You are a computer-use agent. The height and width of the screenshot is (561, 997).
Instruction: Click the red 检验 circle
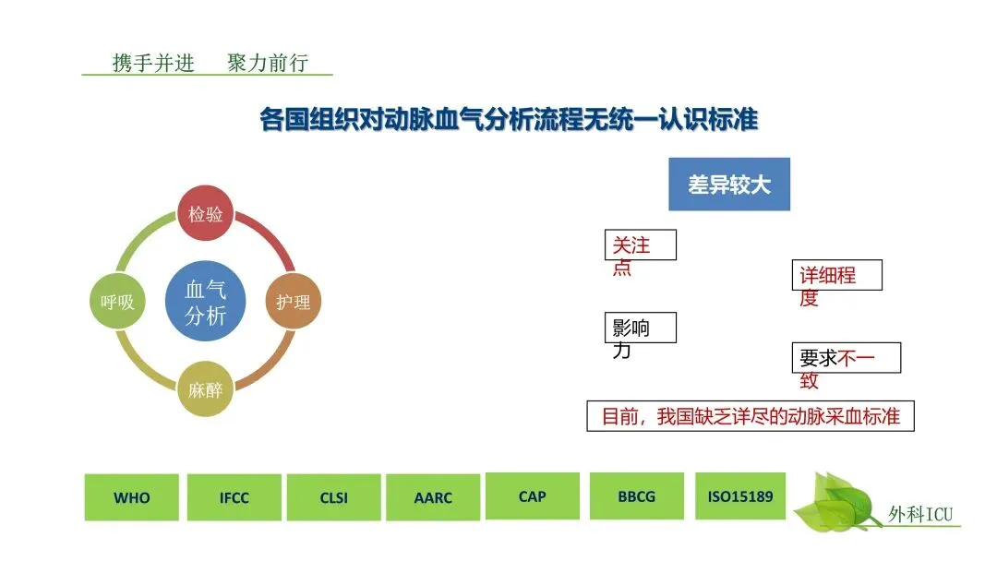(x=205, y=214)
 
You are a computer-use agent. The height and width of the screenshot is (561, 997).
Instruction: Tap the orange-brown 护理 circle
(x=293, y=301)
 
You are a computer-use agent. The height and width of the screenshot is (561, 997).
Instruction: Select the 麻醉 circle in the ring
(x=205, y=388)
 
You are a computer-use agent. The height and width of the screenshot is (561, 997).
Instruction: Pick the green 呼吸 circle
(x=117, y=301)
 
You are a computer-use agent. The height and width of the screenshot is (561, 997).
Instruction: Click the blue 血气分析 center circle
(x=205, y=302)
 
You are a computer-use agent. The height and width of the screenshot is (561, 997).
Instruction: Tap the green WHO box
(x=131, y=497)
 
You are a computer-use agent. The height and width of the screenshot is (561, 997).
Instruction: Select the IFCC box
(x=233, y=497)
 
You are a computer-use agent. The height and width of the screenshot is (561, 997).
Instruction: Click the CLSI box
(x=333, y=497)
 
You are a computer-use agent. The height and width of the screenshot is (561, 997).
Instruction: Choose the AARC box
(x=433, y=497)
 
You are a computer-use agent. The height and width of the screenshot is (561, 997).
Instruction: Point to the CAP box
(x=532, y=496)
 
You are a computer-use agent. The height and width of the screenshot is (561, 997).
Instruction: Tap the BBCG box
(x=636, y=496)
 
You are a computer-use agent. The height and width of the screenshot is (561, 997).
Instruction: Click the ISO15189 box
(x=739, y=496)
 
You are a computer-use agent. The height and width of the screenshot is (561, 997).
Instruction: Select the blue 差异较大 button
(x=728, y=185)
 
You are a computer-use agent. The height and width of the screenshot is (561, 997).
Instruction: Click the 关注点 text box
(x=639, y=245)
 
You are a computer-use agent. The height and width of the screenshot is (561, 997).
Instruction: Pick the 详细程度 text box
(x=839, y=276)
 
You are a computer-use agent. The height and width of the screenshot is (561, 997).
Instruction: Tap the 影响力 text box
(x=639, y=328)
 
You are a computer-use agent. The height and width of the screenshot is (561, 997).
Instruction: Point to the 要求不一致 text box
(x=845, y=358)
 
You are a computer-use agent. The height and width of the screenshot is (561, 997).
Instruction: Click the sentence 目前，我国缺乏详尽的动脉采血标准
(x=751, y=416)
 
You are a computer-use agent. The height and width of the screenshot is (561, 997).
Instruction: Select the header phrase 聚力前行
(x=268, y=63)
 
